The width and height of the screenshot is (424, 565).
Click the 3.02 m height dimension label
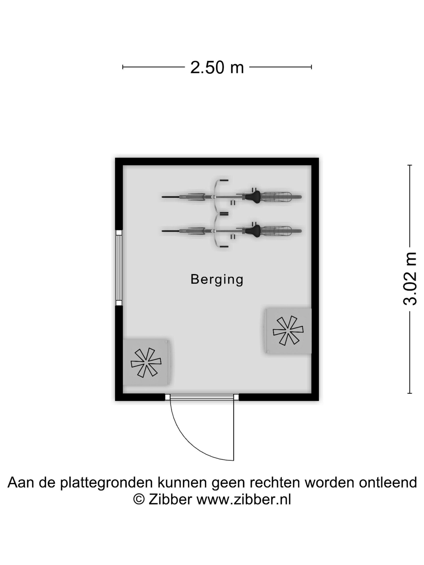tap(410, 279)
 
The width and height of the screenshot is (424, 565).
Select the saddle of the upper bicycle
tap(253, 196)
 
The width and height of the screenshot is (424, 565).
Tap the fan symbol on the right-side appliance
tap(288, 331)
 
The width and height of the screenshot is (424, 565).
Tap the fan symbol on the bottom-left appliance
tap(146, 362)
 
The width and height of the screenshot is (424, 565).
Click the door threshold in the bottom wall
tap(202, 397)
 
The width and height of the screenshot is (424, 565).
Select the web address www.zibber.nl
tap(243, 499)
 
